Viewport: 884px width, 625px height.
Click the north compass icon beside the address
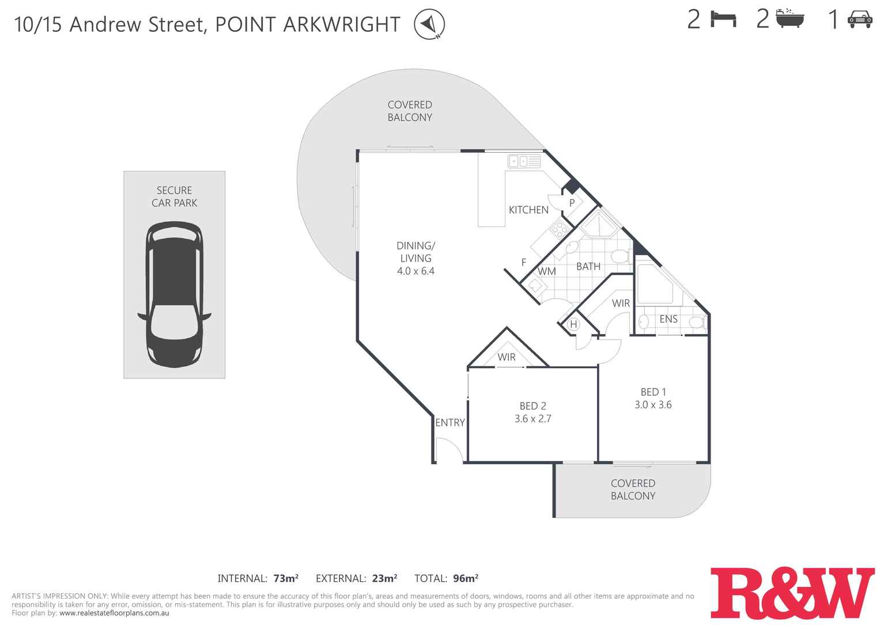[x=429, y=25]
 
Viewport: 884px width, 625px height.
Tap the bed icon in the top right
[x=723, y=20]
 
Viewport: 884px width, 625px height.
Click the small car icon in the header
[x=860, y=20]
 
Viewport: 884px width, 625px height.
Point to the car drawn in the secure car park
[x=174, y=294]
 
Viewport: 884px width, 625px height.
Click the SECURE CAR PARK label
[x=174, y=196]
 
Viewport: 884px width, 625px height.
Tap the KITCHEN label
[x=528, y=210]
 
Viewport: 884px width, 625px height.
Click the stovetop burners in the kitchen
[x=558, y=230]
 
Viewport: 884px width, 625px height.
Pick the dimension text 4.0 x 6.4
[x=415, y=271]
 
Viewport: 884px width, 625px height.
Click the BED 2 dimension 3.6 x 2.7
[x=532, y=419]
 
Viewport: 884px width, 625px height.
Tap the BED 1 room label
[x=653, y=392]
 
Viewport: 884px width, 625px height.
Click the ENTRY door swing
[x=448, y=450]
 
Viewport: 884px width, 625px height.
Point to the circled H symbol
[x=573, y=324]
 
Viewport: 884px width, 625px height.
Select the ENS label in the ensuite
[x=668, y=319]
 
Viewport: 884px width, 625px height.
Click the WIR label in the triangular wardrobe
[x=507, y=357]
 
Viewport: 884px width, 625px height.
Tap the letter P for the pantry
[x=572, y=203]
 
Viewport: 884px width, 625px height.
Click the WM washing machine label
[x=546, y=271]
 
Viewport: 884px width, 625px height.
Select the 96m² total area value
[x=466, y=578]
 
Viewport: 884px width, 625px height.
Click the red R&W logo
[x=792, y=593]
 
